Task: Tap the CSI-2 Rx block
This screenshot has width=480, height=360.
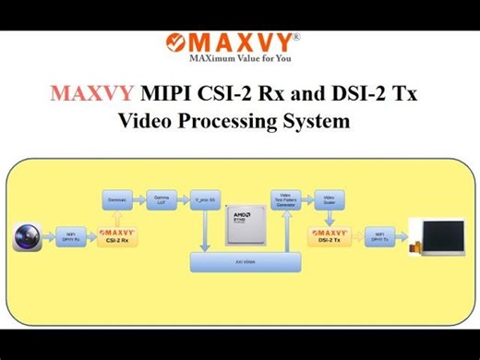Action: click(117, 237)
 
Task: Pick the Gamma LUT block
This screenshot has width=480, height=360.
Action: click(161, 198)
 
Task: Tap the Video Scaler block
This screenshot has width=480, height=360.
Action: click(328, 198)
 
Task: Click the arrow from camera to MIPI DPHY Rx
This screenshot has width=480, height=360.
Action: click(50, 237)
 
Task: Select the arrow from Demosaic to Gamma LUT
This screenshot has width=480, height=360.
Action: click(138, 198)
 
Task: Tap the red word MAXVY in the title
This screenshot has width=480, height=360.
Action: click(91, 93)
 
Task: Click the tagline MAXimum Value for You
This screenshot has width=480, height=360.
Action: click(241, 57)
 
